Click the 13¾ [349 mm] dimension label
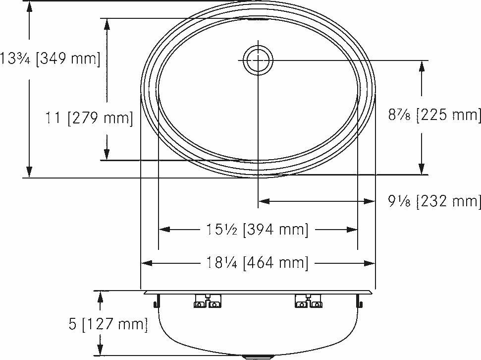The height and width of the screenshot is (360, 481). [50, 59]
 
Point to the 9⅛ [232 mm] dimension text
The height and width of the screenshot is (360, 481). [434, 201]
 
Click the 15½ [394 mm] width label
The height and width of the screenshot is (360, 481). [257, 230]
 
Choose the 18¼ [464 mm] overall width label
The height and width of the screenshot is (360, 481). [257, 263]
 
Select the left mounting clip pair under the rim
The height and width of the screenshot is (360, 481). [207, 300]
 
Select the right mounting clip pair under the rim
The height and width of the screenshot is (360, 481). [309, 300]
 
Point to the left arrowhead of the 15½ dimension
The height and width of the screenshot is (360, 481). [164, 230]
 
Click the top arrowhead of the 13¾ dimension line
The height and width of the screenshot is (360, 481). [30, 7]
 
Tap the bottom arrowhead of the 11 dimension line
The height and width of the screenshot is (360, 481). [107, 154]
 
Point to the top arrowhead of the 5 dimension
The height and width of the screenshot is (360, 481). [101, 296]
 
